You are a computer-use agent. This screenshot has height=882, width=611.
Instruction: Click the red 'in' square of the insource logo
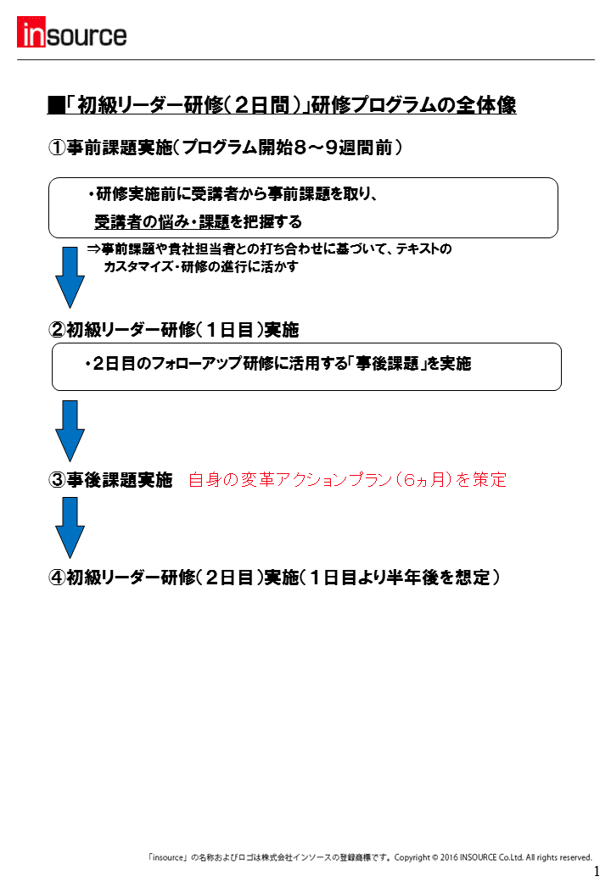31,32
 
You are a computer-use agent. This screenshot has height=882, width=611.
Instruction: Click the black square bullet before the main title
56,105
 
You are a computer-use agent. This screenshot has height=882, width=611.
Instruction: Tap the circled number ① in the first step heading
57,148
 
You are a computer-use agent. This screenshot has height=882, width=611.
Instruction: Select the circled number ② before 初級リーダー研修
58,330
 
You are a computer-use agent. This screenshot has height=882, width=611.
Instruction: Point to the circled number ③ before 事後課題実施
58,480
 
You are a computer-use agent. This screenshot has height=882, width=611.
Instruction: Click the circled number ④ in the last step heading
58,578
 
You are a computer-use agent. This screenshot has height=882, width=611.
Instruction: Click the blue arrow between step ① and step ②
70,277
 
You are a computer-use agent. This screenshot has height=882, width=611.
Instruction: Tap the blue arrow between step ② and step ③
70,431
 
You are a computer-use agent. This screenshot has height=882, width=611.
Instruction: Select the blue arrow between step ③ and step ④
70,528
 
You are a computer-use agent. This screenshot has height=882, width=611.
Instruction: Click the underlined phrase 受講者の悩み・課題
162,222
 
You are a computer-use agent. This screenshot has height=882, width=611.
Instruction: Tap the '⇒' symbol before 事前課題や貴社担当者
94,248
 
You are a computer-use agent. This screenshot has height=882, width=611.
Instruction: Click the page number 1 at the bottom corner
597,871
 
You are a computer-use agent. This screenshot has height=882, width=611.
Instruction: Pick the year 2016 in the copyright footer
449,857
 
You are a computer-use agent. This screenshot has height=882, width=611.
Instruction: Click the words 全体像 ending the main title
486,105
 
